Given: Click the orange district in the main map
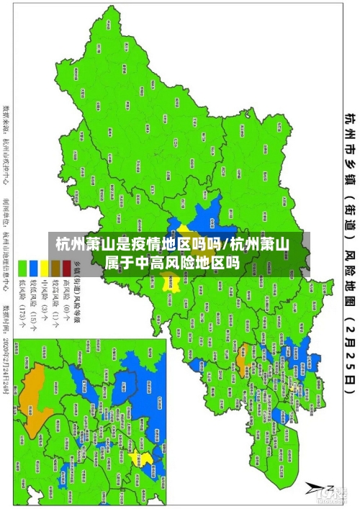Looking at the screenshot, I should click(243, 333).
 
